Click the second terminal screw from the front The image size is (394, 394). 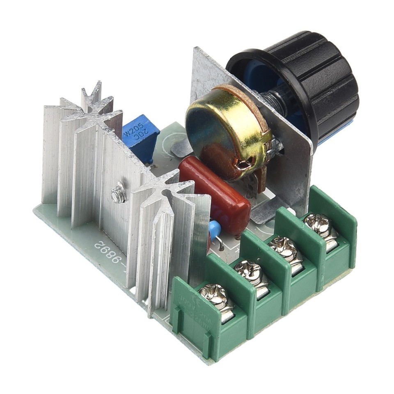pyautogui.click(x=250, y=273)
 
